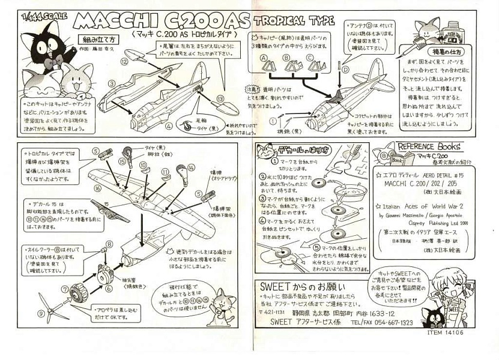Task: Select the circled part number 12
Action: tap(124, 61)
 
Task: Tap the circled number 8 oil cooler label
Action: tap(110, 243)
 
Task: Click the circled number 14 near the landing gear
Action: tap(191, 167)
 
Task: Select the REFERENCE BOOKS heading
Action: tap(429, 146)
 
